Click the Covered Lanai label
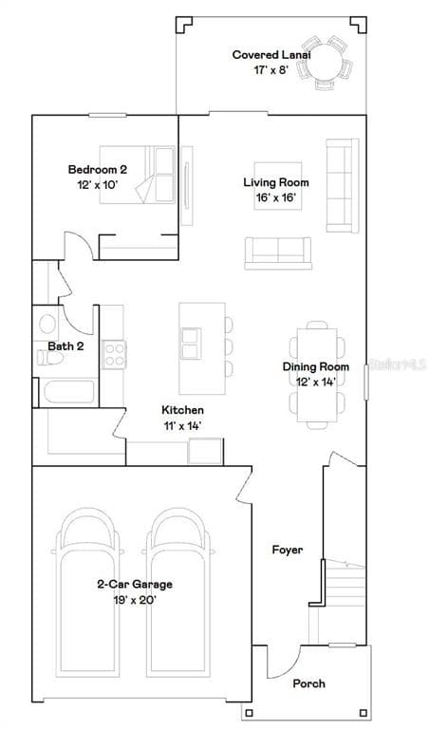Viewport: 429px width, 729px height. [x=271, y=55]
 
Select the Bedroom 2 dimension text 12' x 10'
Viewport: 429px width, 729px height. [x=98, y=184]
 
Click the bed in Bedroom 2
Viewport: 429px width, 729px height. [x=138, y=175]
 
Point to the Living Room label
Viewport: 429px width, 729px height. [x=276, y=182]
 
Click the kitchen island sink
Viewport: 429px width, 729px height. [x=191, y=343]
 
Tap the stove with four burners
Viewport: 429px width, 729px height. [x=114, y=355]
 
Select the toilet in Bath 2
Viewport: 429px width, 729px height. [x=49, y=358]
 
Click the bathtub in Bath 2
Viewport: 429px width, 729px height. [x=68, y=392]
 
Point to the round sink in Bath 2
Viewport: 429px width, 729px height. [x=47, y=324]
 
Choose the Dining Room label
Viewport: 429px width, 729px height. [x=316, y=366]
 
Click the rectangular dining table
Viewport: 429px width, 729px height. [x=317, y=375]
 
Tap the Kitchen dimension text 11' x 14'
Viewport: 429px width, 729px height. [x=182, y=426]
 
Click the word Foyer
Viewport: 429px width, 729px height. [x=288, y=550]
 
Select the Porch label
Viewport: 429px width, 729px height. [x=309, y=683]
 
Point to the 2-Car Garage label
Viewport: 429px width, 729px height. [x=135, y=585]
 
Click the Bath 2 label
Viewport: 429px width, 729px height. [x=66, y=346]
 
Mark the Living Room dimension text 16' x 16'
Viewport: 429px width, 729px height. [x=276, y=197]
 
